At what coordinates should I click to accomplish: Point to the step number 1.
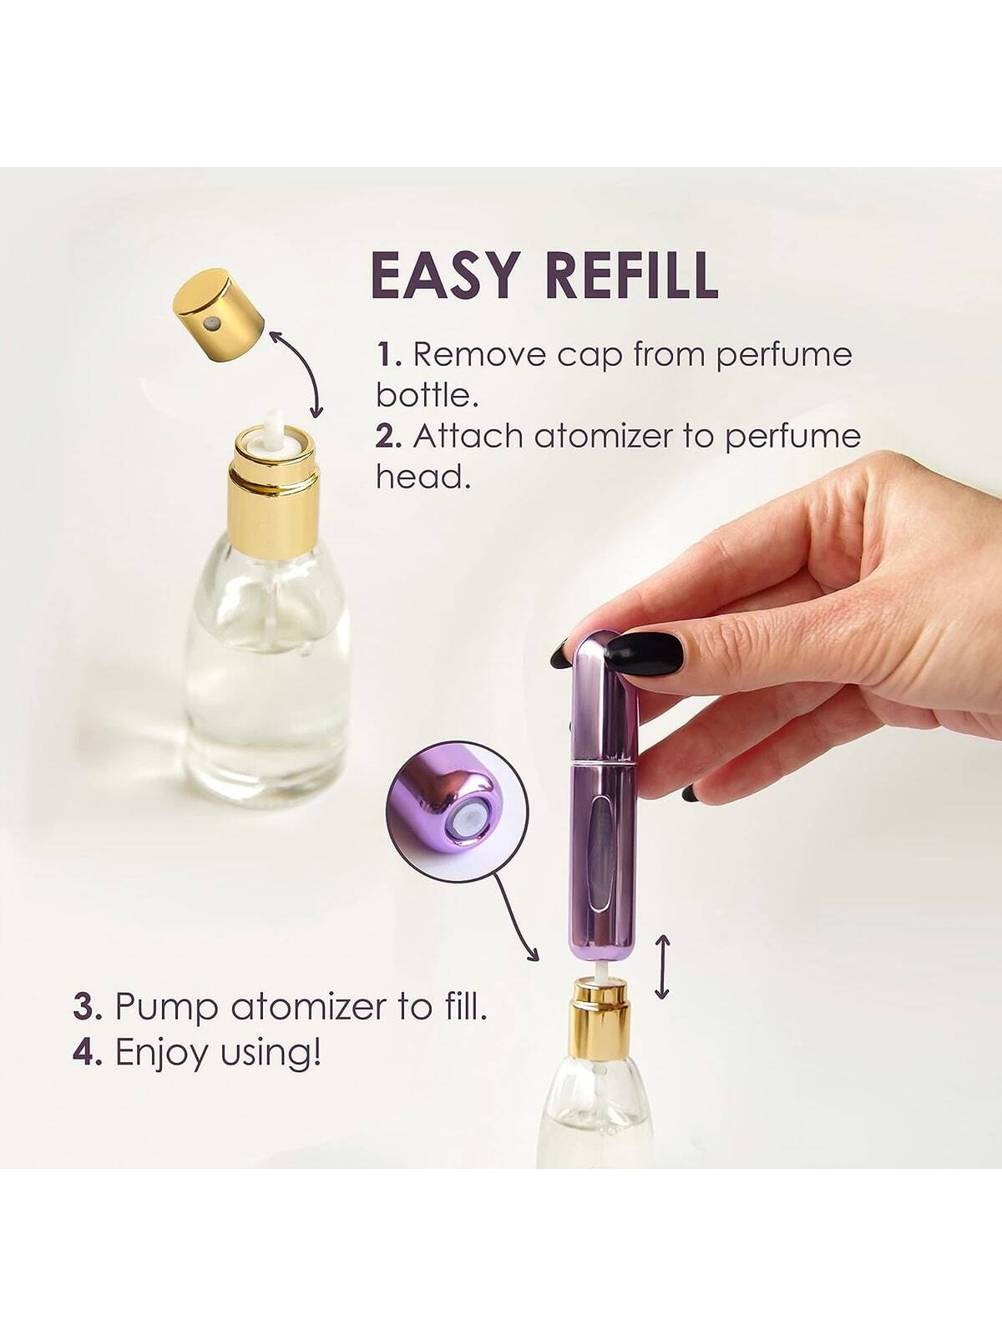coord(388,354)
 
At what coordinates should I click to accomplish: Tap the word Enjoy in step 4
coord(163,1053)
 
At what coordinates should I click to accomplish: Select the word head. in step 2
coord(418,477)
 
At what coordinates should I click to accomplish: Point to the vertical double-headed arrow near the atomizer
coord(661,966)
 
